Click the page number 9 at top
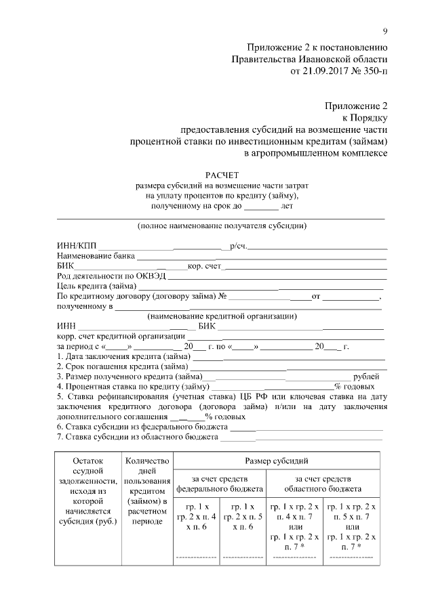(x=384, y=30)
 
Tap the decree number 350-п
(x=374, y=70)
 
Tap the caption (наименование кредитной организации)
(x=221, y=316)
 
